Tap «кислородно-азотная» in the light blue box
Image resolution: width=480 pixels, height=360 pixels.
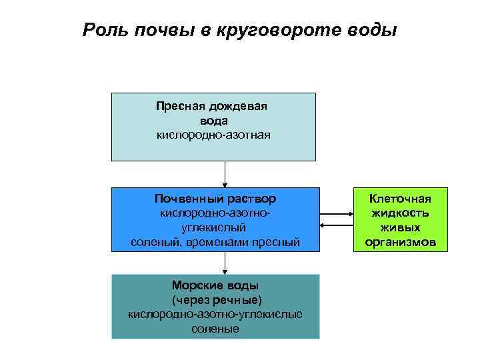pyautogui.click(x=213, y=135)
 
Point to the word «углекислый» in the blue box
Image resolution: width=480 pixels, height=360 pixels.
pyautogui.click(x=215, y=227)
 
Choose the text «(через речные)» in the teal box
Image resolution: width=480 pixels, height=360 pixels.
pyautogui.click(x=213, y=300)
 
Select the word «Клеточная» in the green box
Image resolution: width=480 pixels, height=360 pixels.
pyautogui.click(x=401, y=199)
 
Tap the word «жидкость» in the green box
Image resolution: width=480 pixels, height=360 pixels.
pyautogui.click(x=401, y=213)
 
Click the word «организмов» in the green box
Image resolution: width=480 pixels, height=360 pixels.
pyautogui.click(x=401, y=242)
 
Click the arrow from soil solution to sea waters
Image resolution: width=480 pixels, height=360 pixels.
pyautogui.click(x=225, y=265)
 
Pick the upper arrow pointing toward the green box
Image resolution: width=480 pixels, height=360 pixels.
pyautogui.click(x=337, y=214)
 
